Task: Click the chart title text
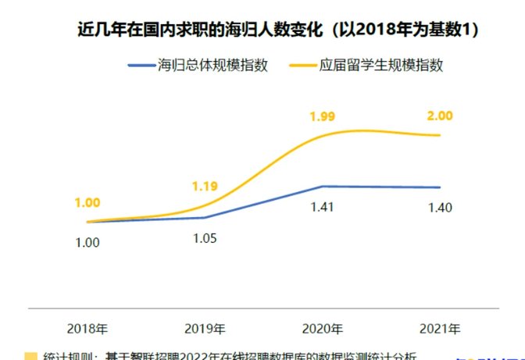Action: [278, 30]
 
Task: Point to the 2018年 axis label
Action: [87, 328]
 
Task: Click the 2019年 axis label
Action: [205, 328]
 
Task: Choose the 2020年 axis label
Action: [323, 328]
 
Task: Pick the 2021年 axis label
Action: [440, 328]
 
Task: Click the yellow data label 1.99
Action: [323, 117]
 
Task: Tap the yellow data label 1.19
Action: [205, 186]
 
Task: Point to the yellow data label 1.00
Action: [87, 203]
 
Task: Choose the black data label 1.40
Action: [440, 208]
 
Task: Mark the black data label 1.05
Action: [205, 237]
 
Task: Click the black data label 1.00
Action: [87, 242]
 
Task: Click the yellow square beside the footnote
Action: [30, 356]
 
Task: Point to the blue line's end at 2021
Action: [440, 187]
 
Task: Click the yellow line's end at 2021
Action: [440, 135]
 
